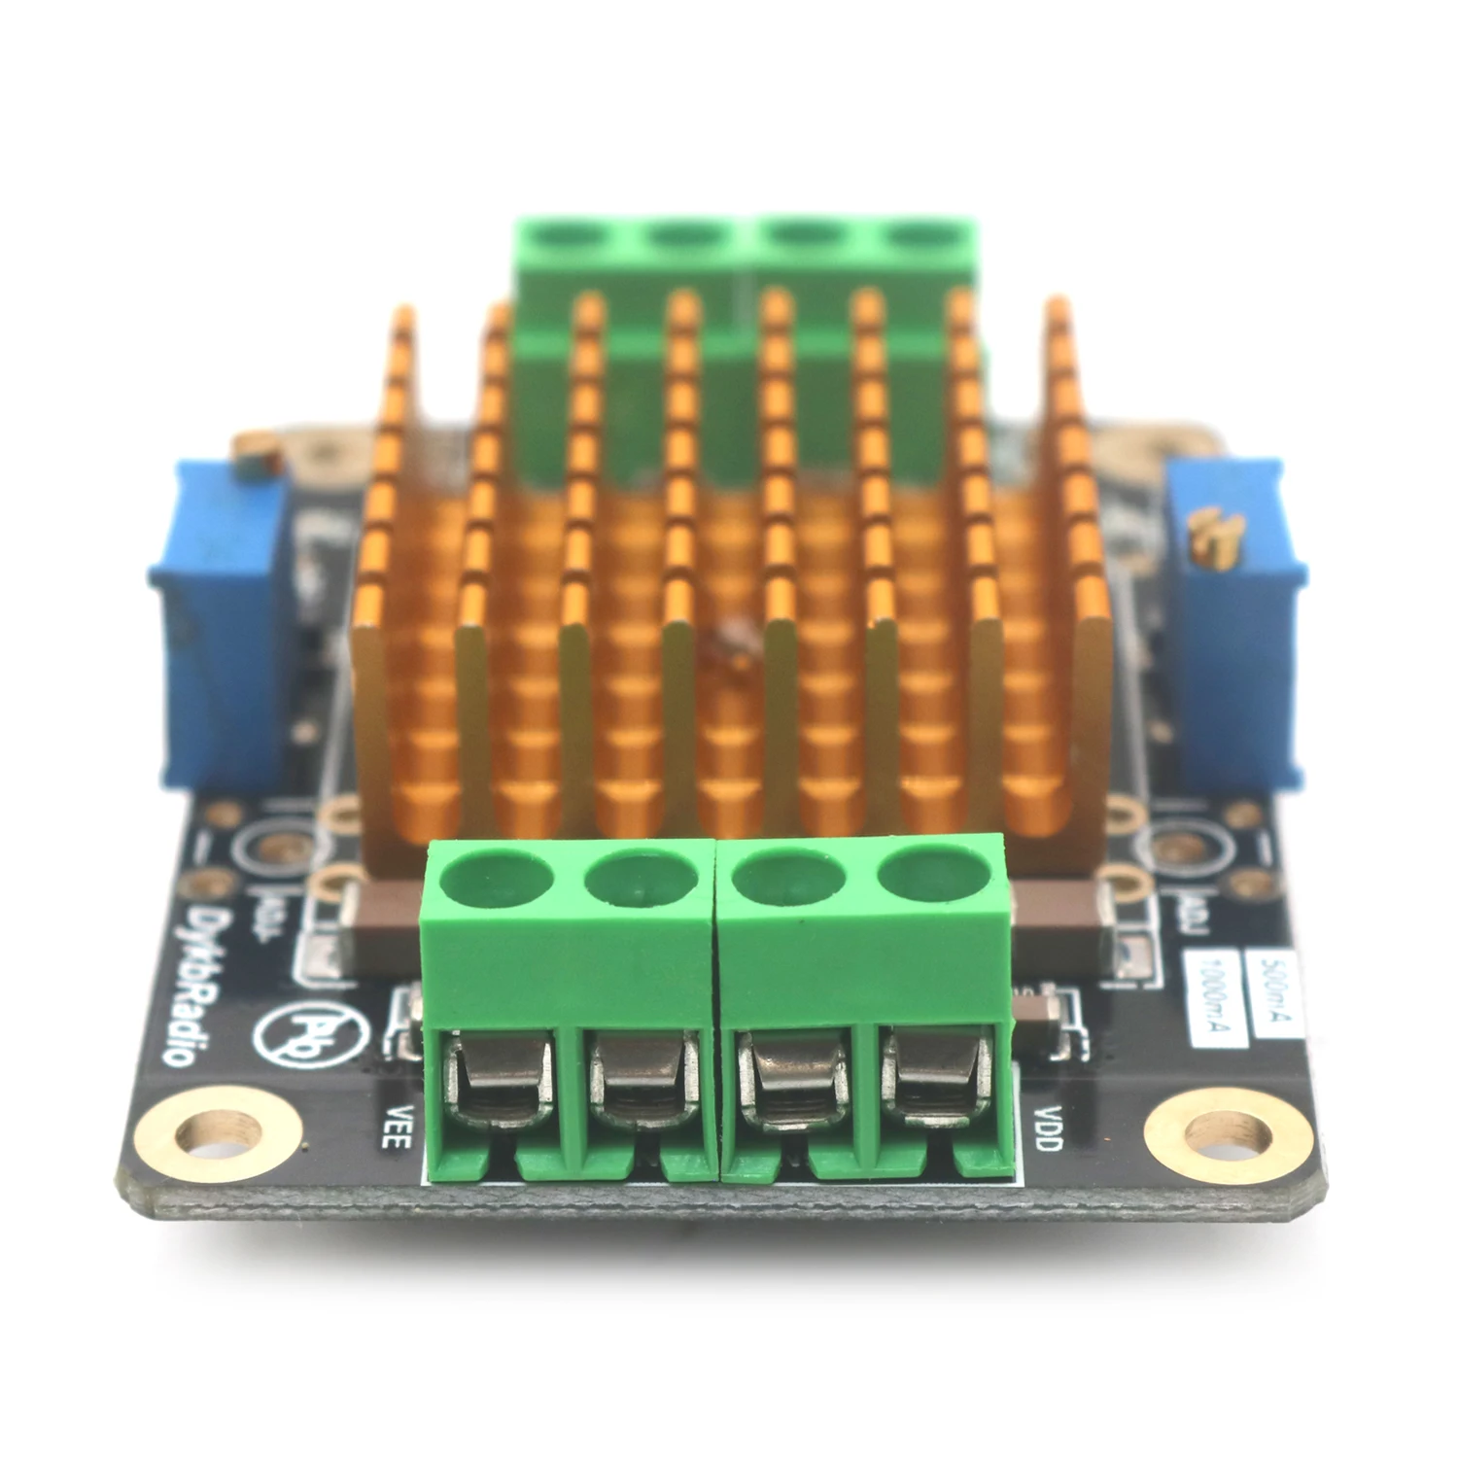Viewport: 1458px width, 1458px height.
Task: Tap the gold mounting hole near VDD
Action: click(1229, 1130)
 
